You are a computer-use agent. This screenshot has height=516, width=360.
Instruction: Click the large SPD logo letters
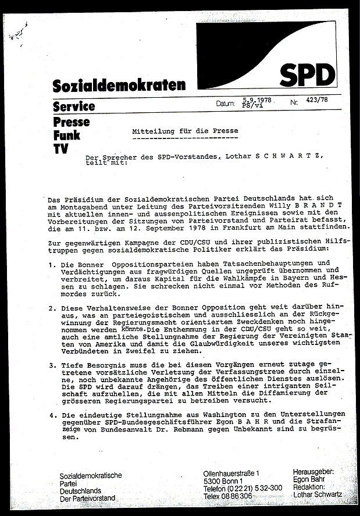click(308, 73)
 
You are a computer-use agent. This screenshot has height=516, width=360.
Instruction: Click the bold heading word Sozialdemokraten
click(119, 86)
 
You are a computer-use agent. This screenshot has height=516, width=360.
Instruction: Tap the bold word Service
click(74, 106)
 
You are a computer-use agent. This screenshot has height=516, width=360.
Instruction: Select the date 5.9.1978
click(258, 100)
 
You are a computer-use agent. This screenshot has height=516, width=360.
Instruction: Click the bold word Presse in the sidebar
click(72, 122)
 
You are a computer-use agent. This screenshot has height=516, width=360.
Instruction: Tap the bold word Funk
click(66, 136)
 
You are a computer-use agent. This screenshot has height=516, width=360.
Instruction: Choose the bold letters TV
click(60, 149)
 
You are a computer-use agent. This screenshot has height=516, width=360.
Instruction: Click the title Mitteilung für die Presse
click(185, 132)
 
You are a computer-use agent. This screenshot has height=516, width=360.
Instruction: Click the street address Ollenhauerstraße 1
click(232, 475)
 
